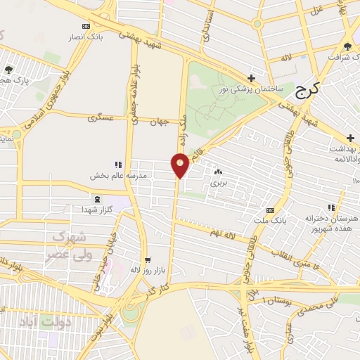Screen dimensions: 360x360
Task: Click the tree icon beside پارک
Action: [x=9, y=69]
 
